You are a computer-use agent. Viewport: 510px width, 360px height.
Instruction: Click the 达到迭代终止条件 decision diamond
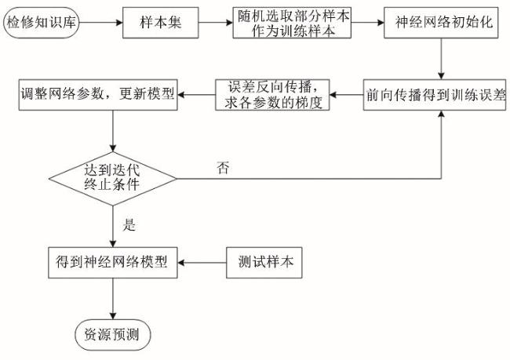coord(115,178)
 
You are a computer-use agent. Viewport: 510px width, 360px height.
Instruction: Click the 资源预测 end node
coord(114,333)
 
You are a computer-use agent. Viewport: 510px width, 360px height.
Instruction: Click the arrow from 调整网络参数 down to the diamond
coord(115,129)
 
